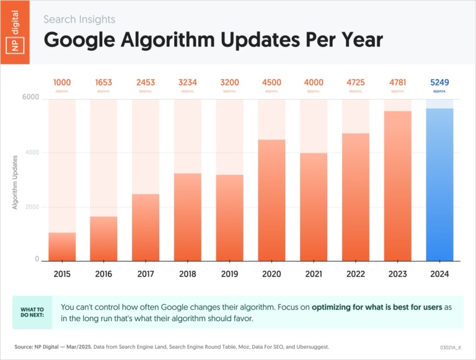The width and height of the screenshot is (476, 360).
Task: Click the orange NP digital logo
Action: point(15,32)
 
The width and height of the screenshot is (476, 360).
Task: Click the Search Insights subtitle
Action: point(79,20)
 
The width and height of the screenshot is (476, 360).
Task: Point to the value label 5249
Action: point(439,82)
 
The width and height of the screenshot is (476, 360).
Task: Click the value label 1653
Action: point(104,82)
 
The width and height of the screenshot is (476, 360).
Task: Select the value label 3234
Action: point(188,82)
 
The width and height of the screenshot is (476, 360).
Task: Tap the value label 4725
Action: point(355,82)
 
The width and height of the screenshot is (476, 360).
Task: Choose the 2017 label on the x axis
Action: point(146,273)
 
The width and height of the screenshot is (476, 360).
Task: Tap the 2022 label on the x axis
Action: point(355,273)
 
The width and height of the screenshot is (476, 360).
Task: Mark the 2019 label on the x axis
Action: point(229,273)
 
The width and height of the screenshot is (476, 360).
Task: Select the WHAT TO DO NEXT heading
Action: point(32,312)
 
